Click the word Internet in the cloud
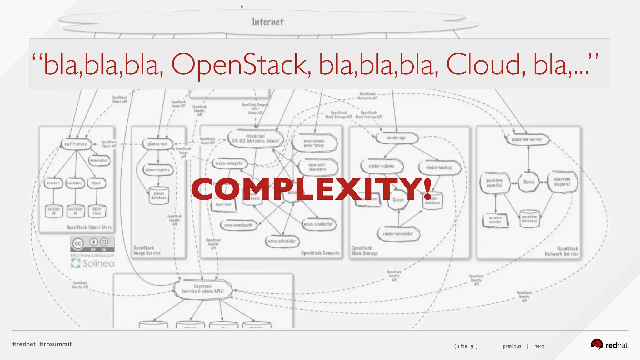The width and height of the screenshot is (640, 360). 268,22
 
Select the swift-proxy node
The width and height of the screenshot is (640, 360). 76,144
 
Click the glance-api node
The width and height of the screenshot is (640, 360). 157,144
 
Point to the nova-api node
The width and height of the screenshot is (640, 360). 255,138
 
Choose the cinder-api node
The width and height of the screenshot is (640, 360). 396,138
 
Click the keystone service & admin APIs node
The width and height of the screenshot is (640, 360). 203,289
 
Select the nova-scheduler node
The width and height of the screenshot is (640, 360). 282,241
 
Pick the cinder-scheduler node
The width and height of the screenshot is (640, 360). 398,234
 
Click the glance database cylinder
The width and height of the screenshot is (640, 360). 159,196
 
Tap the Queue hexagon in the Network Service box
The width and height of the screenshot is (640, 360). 529,182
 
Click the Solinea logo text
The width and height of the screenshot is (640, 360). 98,263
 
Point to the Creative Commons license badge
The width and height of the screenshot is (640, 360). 92,244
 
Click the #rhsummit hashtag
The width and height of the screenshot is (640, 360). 56,344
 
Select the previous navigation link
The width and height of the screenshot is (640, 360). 512,346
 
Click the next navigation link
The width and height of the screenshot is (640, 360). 539,346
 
